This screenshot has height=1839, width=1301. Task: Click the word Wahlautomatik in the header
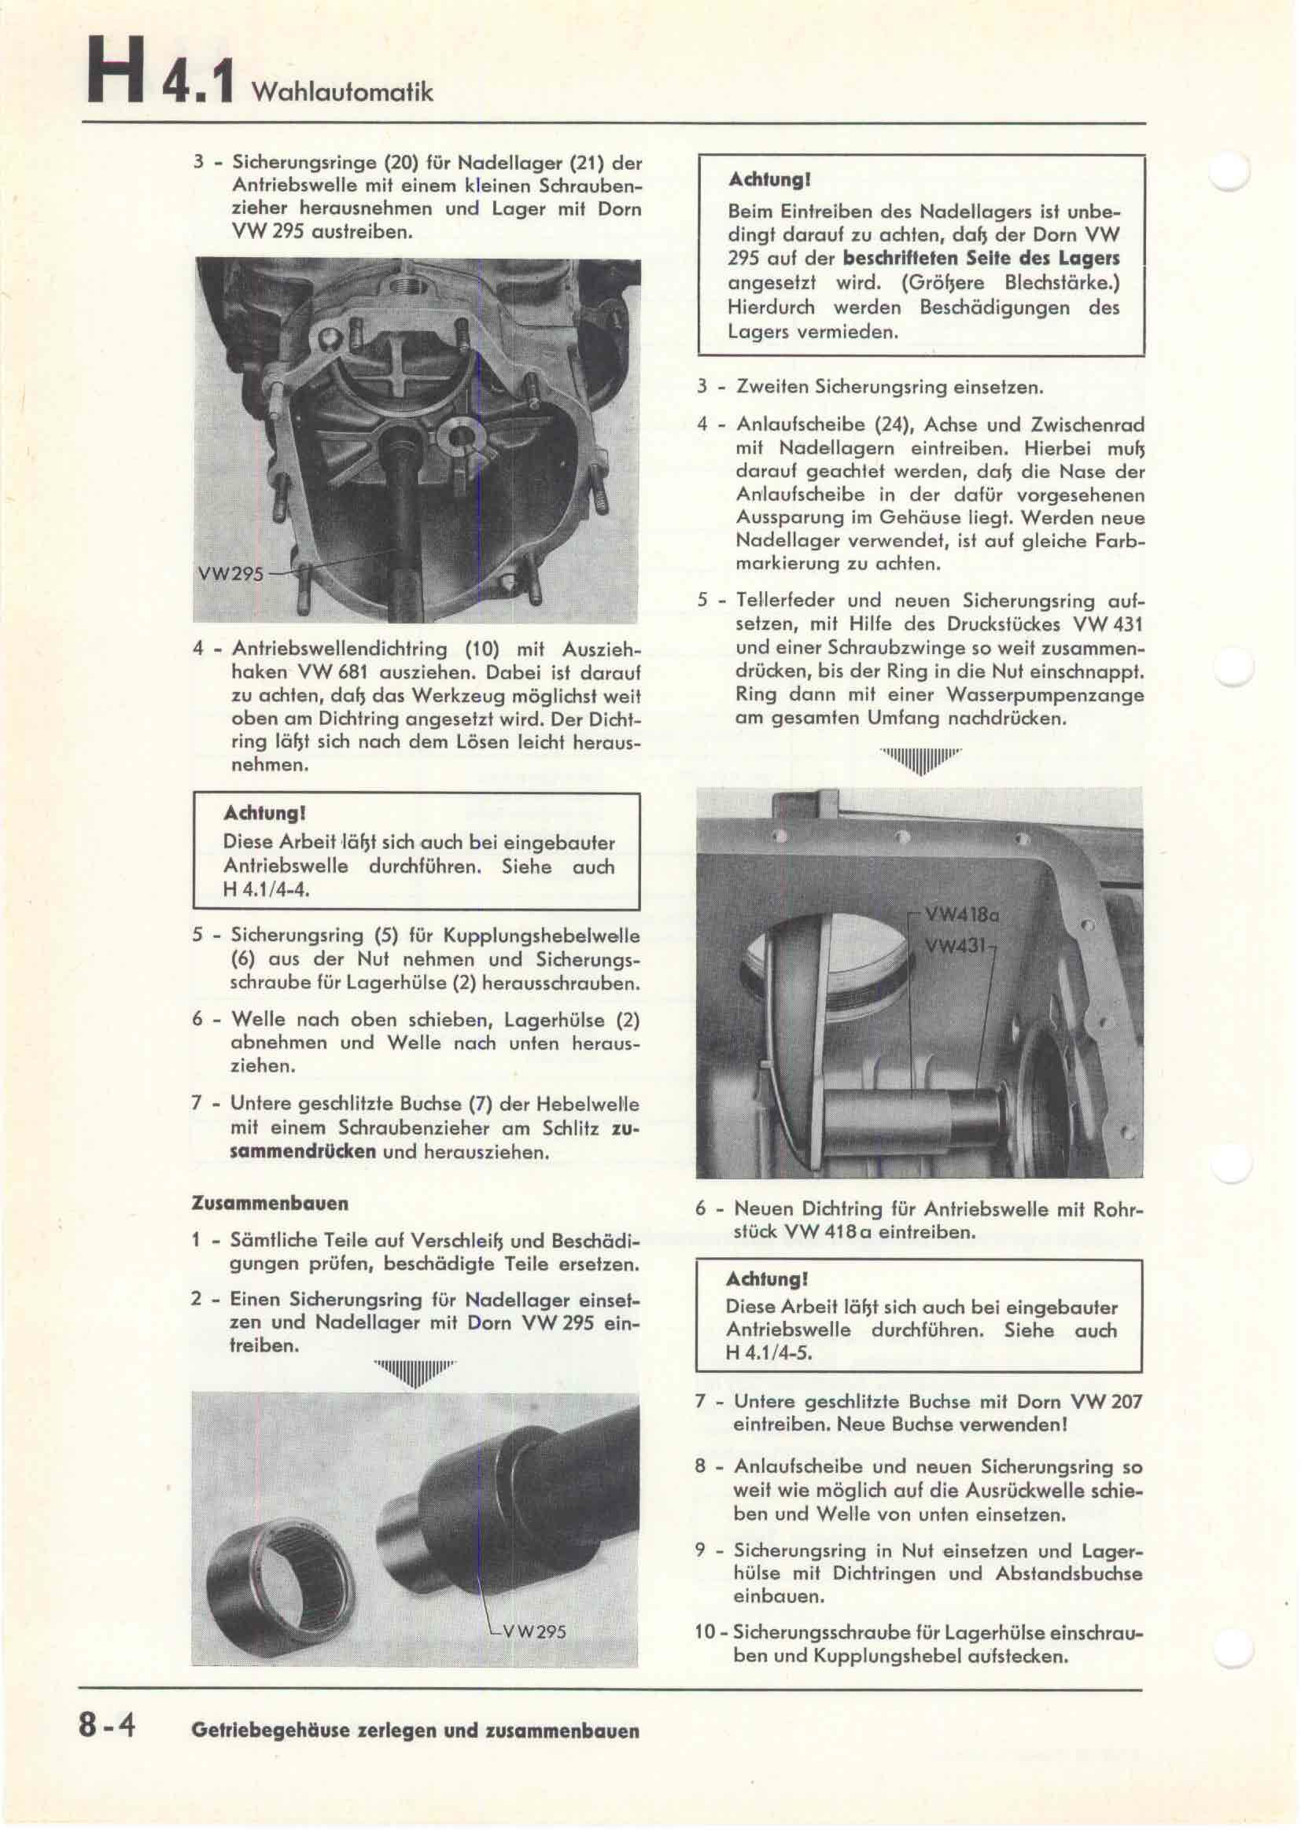[x=342, y=92]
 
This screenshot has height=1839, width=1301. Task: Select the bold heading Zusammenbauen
[x=270, y=1203]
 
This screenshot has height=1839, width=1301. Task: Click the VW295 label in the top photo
[x=230, y=574]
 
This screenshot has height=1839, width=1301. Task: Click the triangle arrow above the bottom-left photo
[x=415, y=1372]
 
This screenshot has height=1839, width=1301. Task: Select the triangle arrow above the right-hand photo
[x=920, y=760]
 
